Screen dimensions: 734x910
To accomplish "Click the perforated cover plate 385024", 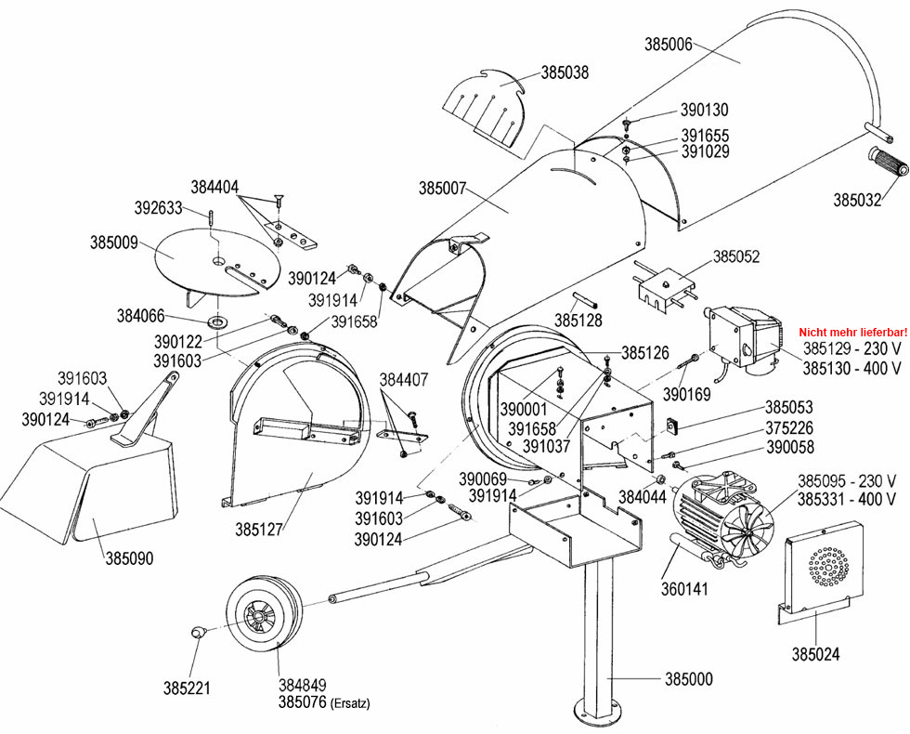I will tap(821, 567).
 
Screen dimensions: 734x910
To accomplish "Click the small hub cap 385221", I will tap(196, 632).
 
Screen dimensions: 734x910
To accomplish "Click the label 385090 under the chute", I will tap(129, 558).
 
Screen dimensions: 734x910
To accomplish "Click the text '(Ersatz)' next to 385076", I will tap(349, 704).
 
